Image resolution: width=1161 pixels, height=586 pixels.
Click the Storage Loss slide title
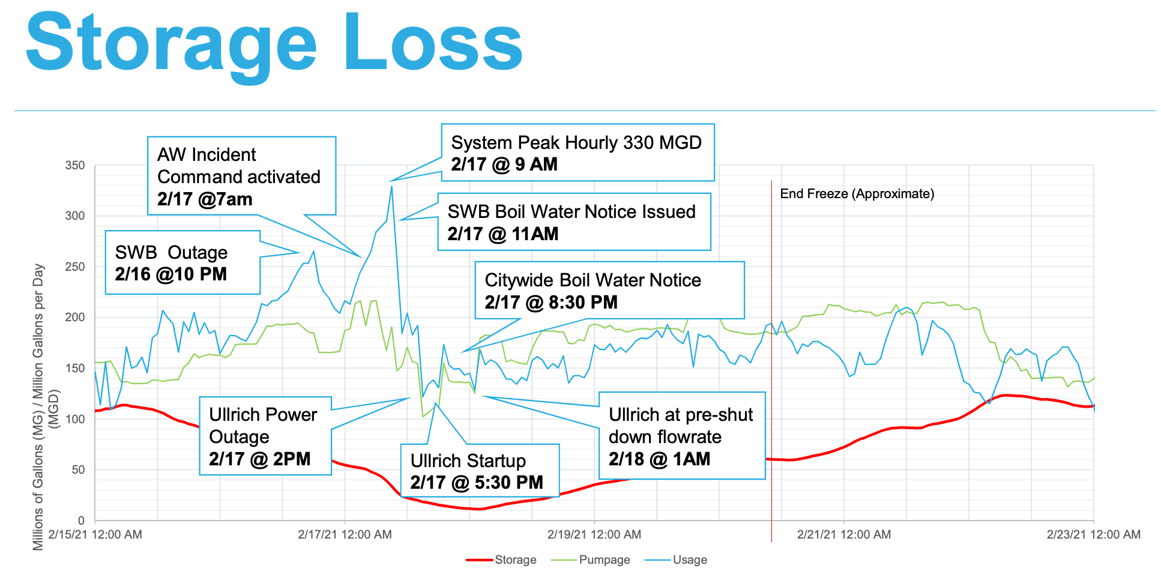coord(274,43)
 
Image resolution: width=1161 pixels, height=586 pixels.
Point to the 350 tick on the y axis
coord(75,165)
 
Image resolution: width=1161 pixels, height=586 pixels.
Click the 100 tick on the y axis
coord(75,418)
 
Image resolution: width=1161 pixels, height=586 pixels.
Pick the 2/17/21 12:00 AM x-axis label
coord(345,534)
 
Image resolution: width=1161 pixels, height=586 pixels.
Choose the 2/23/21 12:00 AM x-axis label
coord(1093,534)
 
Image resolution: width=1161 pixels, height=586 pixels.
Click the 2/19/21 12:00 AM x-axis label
coord(594,534)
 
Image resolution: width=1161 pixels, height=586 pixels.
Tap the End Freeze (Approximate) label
coord(857,194)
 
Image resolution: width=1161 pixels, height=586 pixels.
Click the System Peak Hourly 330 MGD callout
coord(577,153)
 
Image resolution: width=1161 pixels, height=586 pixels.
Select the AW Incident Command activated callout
coord(241,176)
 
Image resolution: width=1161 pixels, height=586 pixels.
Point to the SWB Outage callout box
coord(182,262)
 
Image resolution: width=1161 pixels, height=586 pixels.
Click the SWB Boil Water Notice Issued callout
coord(574,222)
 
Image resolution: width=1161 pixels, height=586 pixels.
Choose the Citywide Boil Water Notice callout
coord(609,290)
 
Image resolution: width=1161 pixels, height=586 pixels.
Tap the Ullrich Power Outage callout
coord(265,436)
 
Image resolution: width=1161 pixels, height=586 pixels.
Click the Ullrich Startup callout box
coord(480,470)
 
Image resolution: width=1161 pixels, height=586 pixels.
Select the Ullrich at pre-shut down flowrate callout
coord(682,436)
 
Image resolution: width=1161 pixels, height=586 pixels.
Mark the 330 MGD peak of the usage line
coord(391,186)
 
